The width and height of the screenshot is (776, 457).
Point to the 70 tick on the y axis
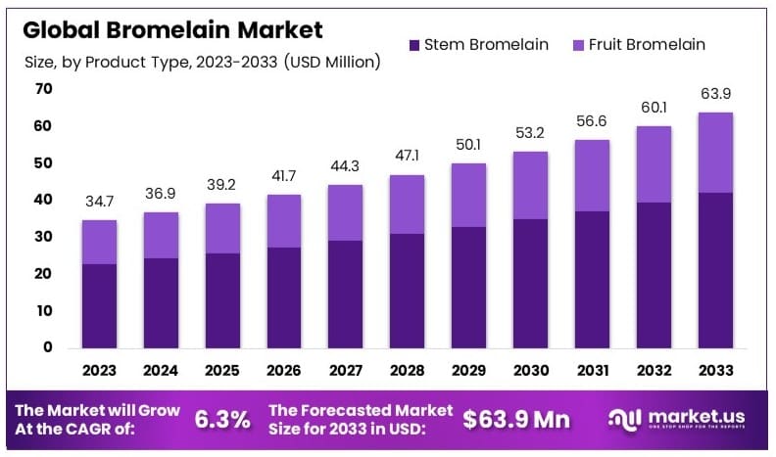click(x=44, y=89)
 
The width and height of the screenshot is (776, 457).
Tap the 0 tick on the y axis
click(x=47, y=347)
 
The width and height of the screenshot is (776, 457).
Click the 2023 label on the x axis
click(x=99, y=372)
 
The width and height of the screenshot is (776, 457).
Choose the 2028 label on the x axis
click(x=408, y=372)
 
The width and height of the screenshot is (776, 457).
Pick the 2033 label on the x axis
click(x=715, y=372)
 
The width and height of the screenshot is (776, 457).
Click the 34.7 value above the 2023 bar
click(x=99, y=203)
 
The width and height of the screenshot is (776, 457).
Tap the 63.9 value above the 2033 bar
click(x=715, y=95)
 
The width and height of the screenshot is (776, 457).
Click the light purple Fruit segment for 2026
click(x=284, y=220)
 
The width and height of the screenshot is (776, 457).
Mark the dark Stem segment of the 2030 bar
click(x=530, y=283)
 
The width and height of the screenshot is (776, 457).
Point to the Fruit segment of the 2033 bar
click(x=715, y=153)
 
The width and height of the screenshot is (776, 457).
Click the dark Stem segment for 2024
click(x=161, y=302)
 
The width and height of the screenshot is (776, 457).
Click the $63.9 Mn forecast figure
click(x=516, y=419)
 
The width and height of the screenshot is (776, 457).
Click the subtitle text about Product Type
click(x=202, y=62)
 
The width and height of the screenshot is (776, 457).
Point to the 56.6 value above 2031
click(x=592, y=122)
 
